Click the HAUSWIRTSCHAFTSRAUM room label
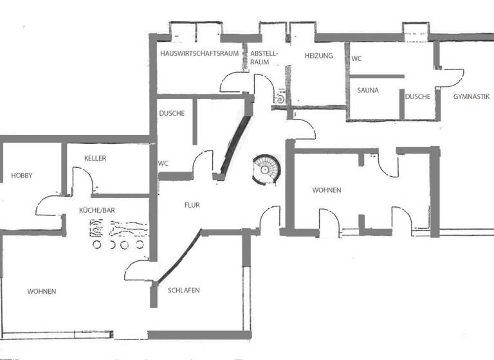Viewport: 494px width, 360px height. pos(200,54)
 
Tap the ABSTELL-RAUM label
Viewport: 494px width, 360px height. pos(263,58)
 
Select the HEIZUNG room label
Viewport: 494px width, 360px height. pos(319,56)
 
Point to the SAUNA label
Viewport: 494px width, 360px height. pos(368,91)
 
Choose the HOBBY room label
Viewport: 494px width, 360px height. pos(21,175)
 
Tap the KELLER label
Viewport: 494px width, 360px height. pos(95,158)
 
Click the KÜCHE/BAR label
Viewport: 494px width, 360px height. pos(97,210)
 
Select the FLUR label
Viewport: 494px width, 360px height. pos(192,205)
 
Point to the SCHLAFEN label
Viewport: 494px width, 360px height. pos(183,290)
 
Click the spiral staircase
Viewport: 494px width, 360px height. pos(267,169)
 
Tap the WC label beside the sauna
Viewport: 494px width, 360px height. pos(356,59)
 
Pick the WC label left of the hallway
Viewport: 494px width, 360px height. pos(163,163)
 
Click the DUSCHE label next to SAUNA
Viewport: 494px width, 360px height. pos(417,96)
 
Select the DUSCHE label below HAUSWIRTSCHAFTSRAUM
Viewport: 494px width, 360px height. pos(172,114)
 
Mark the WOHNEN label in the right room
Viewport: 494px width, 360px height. pos(326,190)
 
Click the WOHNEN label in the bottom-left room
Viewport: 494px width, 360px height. pos(41,291)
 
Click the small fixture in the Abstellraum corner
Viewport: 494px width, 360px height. pos(280,99)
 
